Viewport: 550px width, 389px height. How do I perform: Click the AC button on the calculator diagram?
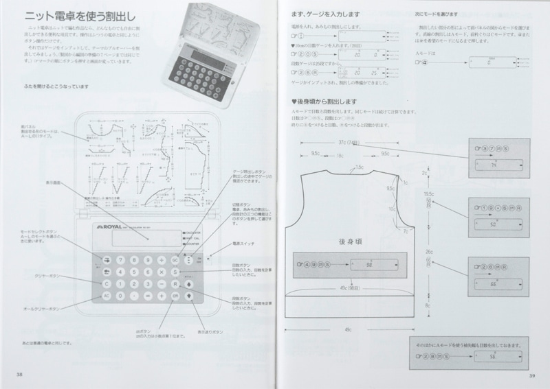pyautogui.click(x=107, y=296)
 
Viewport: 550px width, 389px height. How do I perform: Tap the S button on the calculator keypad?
pyautogui.click(x=175, y=272)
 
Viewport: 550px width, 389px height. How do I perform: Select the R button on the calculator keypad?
pyautogui.click(x=175, y=284)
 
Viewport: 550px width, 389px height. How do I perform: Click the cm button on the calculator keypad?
pyautogui.click(x=175, y=296)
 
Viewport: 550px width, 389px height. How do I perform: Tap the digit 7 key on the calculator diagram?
pyautogui.click(x=121, y=260)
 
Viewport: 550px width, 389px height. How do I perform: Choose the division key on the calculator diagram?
pyautogui.click(x=162, y=260)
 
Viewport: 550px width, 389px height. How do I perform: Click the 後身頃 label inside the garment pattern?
pyautogui.click(x=351, y=241)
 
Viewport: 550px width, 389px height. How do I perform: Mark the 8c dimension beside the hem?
pyautogui.click(x=427, y=307)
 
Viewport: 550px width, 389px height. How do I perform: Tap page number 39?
pyautogui.click(x=531, y=375)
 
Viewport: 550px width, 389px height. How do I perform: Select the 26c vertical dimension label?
pyautogui.click(x=428, y=252)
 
